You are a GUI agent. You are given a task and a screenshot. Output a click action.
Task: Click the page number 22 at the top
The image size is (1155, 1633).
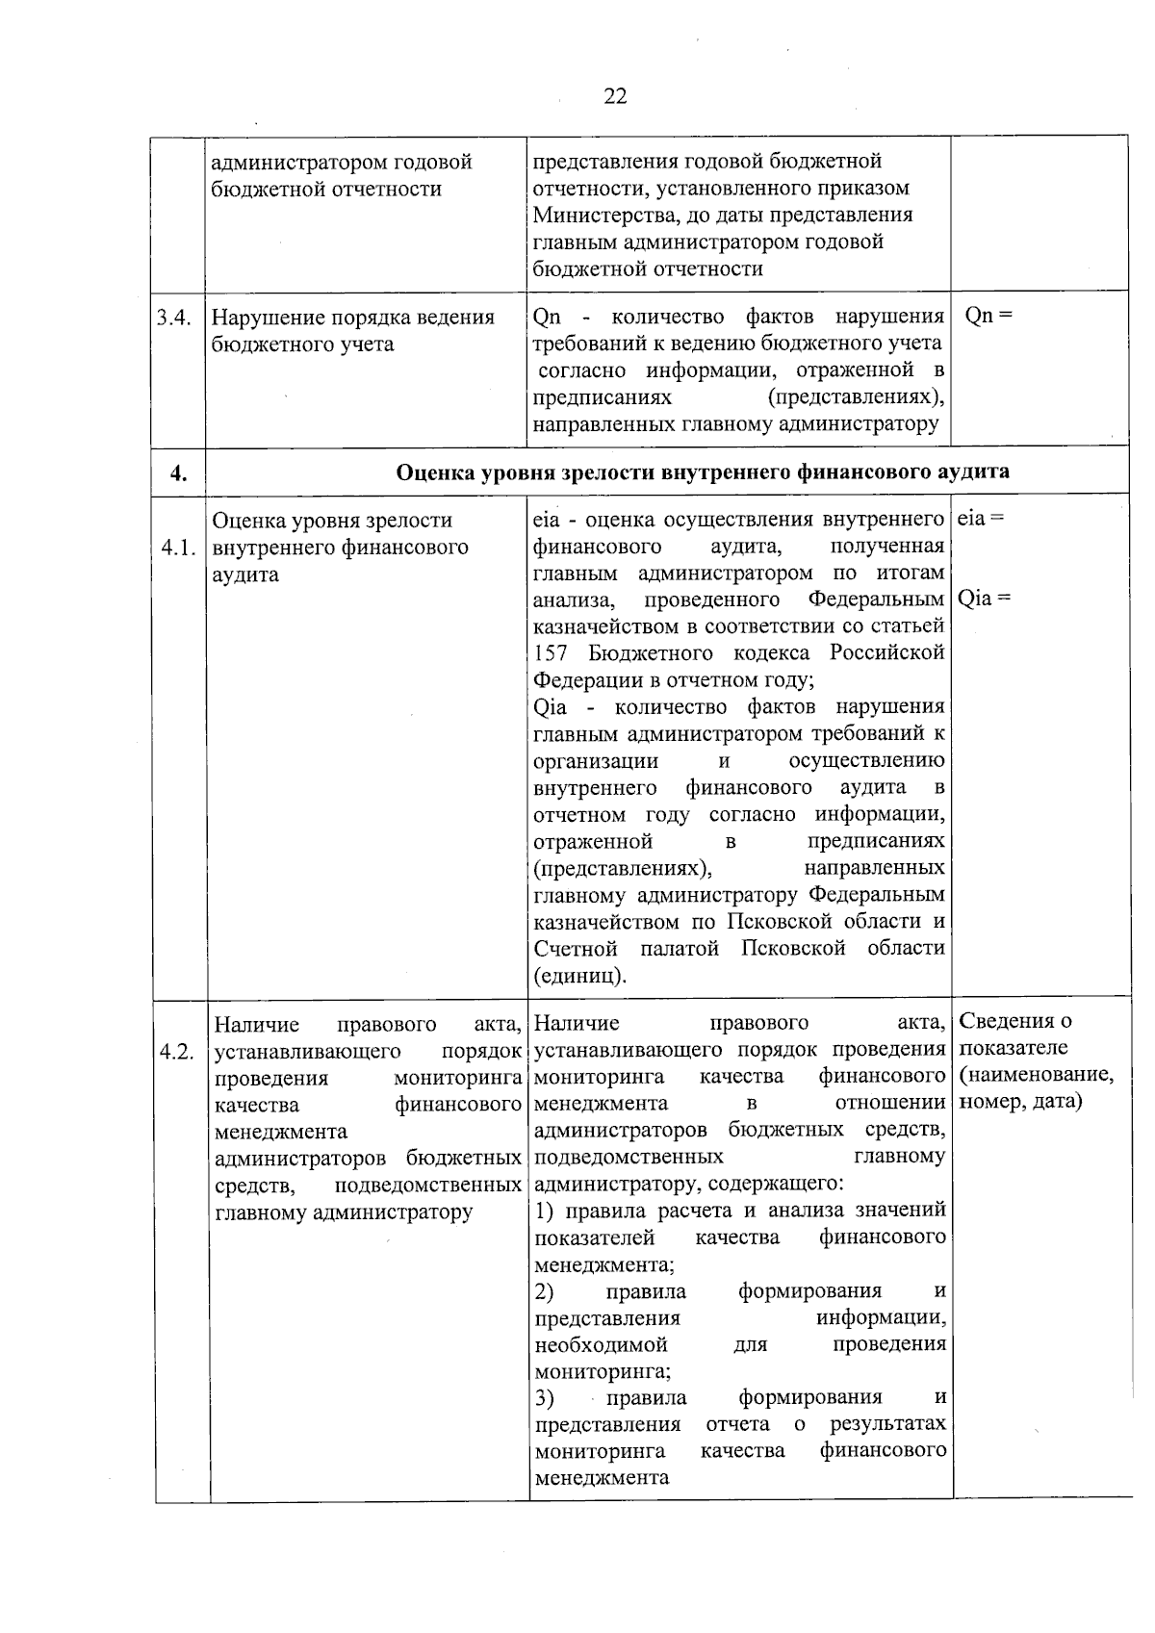pyautogui.click(x=616, y=96)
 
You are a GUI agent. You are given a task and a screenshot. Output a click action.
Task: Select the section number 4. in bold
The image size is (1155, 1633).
pyautogui.click(x=178, y=472)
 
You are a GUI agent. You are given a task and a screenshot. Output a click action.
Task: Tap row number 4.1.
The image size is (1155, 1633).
pyautogui.click(x=179, y=549)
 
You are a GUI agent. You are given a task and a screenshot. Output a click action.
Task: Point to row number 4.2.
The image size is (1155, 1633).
pyautogui.click(x=179, y=1052)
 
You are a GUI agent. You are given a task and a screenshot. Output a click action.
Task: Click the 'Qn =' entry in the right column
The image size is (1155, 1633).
pyautogui.click(x=988, y=316)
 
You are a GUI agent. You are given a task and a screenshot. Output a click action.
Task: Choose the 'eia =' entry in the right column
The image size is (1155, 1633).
pyautogui.click(x=982, y=518)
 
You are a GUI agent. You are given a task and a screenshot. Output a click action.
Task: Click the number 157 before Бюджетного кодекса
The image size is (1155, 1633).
pyautogui.click(x=551, y=653)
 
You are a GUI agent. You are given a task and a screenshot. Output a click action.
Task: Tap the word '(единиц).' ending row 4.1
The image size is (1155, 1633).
pyautogui.click(x=580, y=976)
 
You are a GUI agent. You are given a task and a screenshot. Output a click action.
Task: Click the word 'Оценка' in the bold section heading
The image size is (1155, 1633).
pyautogui.click(x=431, y=472)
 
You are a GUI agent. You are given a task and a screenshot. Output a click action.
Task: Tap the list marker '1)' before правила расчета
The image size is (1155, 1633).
pyautogui.click(x=545, y=1211)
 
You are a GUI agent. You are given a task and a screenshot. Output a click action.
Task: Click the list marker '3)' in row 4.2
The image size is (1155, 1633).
pyautogui.click(x=545, y=1397)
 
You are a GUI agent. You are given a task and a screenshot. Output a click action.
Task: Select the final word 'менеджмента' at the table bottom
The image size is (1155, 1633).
pyautogui.click(x=602, y=1477)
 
